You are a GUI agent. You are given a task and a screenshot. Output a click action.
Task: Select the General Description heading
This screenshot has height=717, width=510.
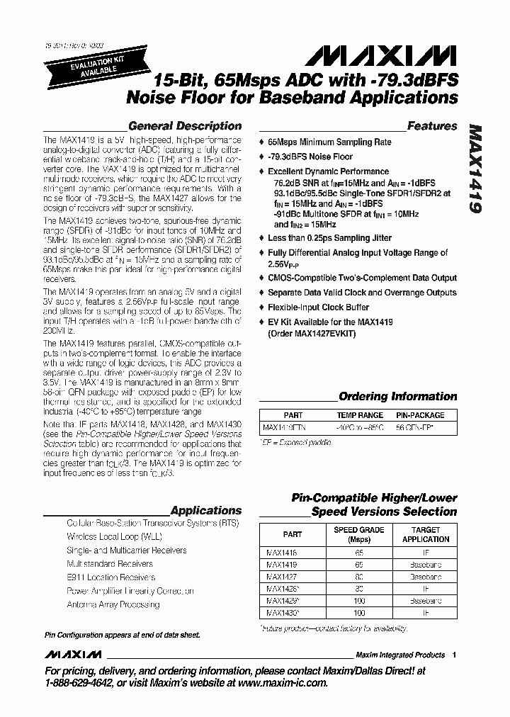(x=185, y=126)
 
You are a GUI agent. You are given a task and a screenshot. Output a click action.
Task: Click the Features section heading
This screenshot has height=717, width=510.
(x=432, y=126)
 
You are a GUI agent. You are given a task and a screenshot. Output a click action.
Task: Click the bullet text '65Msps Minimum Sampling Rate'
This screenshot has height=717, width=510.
(x=329, y=142)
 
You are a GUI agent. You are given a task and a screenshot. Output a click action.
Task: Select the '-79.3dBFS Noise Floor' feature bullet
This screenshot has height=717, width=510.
(x=310, y=157)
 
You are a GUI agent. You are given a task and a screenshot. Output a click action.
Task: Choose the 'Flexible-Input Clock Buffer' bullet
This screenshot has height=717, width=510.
(x=318, y=307)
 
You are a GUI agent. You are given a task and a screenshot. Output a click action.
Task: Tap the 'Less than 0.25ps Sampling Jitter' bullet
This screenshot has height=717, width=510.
(x=333, y=238)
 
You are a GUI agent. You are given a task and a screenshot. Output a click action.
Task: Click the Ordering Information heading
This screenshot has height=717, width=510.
(x=397, y=396)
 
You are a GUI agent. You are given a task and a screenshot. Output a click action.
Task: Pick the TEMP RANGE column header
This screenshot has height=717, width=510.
(x=360, y=415)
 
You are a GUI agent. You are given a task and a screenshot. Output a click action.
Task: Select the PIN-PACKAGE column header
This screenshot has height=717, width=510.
(x=421, y=415)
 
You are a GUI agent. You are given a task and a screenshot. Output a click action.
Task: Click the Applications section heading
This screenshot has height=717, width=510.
(x=206, y=510)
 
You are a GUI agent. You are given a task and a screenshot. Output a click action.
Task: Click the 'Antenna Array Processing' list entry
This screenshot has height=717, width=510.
(x=113, y=604)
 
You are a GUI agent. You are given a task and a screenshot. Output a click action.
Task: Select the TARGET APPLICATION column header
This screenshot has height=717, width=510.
(x=425, y=534)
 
